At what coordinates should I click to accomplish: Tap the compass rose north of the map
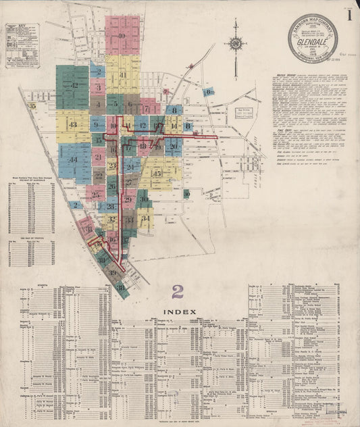[236, 45]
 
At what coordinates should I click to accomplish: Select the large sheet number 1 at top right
[349, 14]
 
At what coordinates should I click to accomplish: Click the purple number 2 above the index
[178, 291]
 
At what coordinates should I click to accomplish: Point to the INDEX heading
[179, 311]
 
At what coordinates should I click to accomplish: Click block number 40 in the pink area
[122, 36]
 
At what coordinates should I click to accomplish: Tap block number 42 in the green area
[74, 86]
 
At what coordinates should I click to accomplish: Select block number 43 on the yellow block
[72, 125]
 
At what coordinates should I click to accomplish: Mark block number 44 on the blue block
[74, 160]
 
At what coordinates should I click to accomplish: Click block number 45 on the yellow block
[157, 174]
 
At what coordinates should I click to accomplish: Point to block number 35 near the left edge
[31, 106]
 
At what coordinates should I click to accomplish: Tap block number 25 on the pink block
[96, 195]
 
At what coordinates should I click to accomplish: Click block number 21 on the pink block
[98, 157]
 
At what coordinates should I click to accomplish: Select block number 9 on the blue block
[98, 125]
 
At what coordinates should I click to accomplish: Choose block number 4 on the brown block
[98, 105]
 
